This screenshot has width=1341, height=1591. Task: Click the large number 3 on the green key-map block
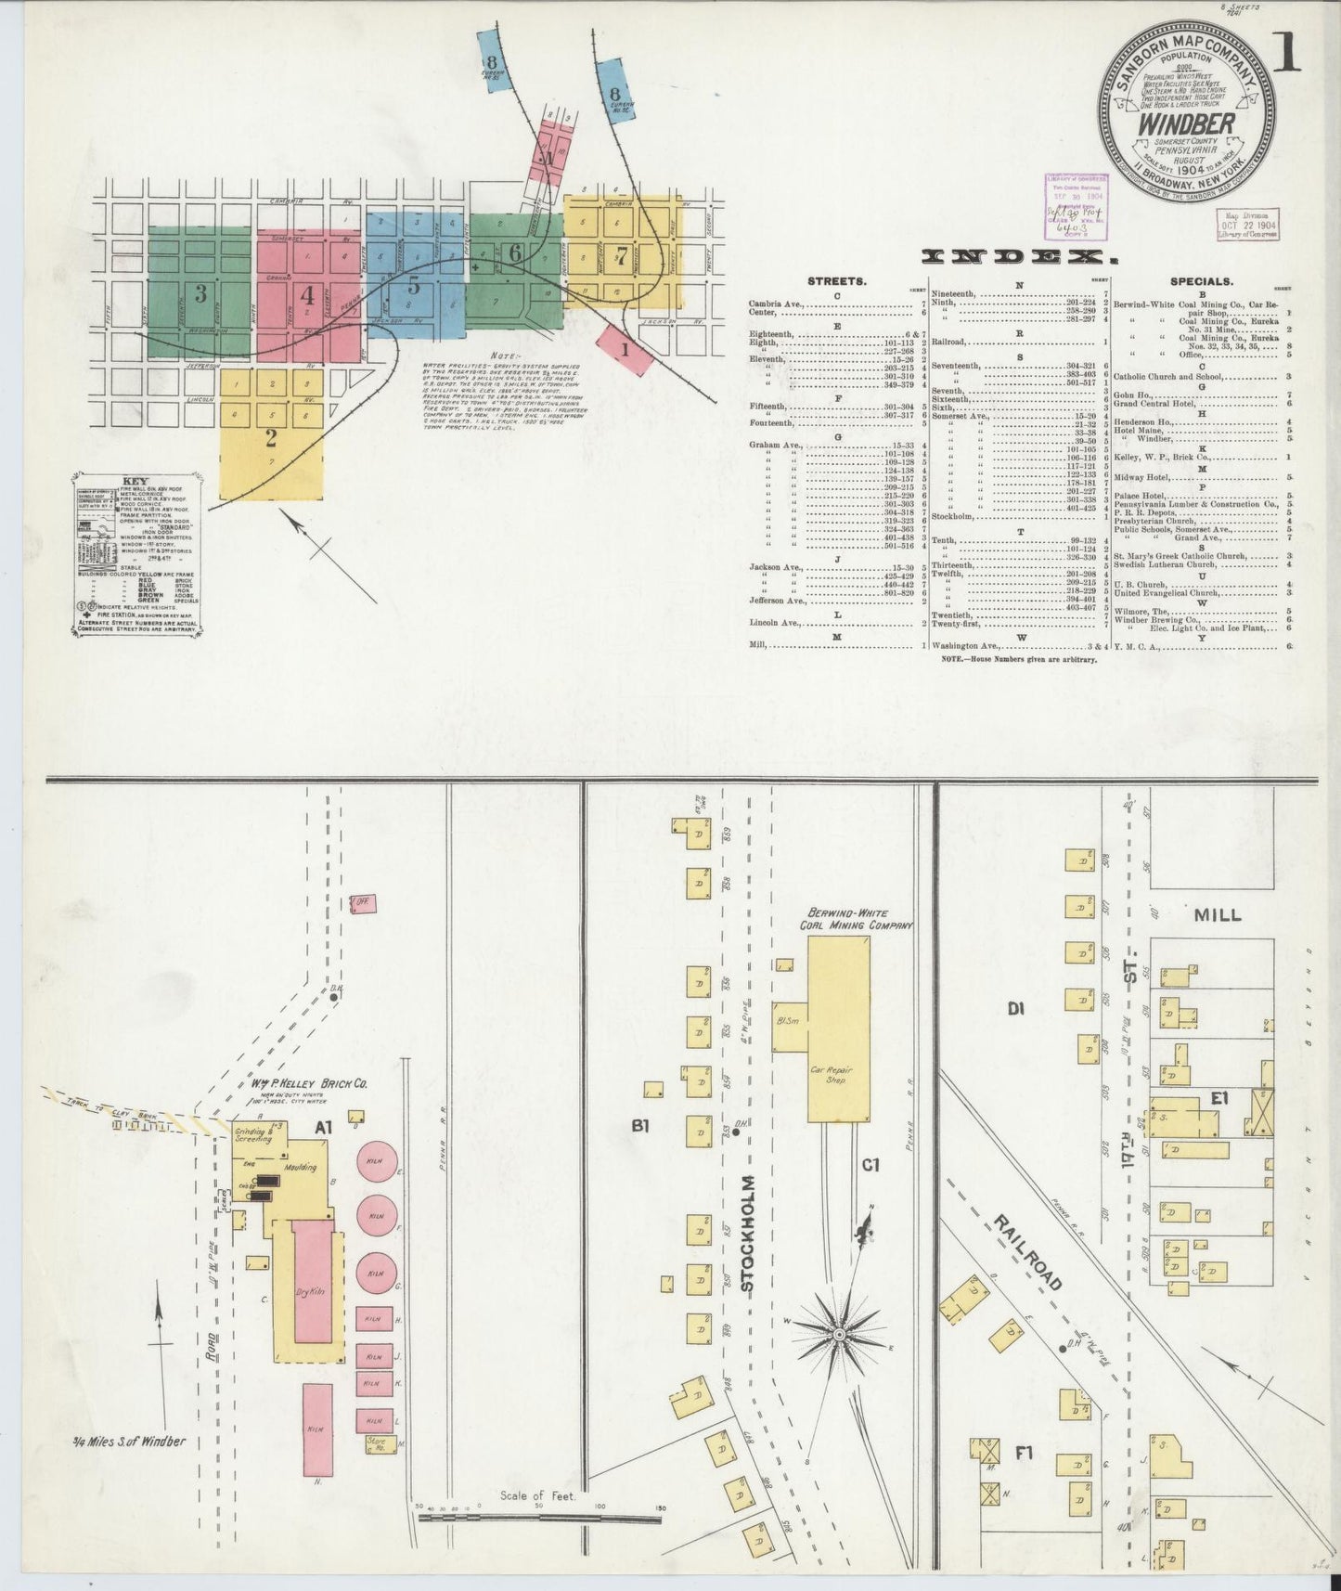point(200,294)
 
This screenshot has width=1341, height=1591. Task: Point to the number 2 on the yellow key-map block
point(271,436)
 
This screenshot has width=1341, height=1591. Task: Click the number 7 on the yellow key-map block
point(621,255)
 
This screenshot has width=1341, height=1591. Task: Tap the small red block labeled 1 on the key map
point(625,350)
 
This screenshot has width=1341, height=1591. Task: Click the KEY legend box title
point(135,482)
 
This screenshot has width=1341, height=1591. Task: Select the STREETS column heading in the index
point(836,279)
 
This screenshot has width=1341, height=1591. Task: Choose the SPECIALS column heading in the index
point(1201,279)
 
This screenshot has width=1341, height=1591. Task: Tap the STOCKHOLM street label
point(750,1234)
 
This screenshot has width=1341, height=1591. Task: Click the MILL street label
point(1217,914)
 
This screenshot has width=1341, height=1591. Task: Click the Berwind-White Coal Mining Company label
point(857,919)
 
